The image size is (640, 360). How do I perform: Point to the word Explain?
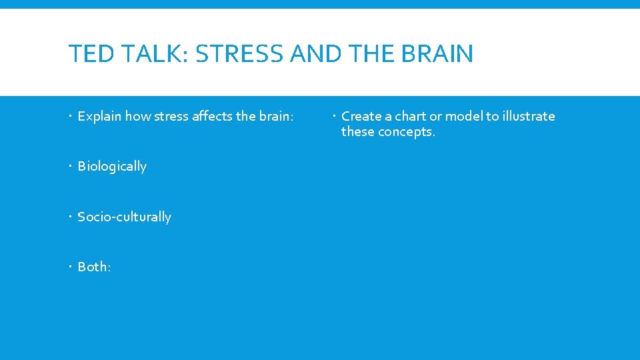(99, 117)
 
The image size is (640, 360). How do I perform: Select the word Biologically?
(112, 167)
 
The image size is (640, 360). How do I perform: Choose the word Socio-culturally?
(125, 217)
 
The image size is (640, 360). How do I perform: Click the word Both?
(95, 267)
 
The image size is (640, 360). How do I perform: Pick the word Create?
(362, 116)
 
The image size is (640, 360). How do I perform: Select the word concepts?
(407, 132)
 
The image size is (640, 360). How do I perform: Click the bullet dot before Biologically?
(71, 167)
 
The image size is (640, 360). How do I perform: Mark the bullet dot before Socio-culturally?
(71, 217)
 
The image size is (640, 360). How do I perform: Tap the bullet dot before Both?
(71, 267)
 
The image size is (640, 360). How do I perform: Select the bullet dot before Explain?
(71, 117)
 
